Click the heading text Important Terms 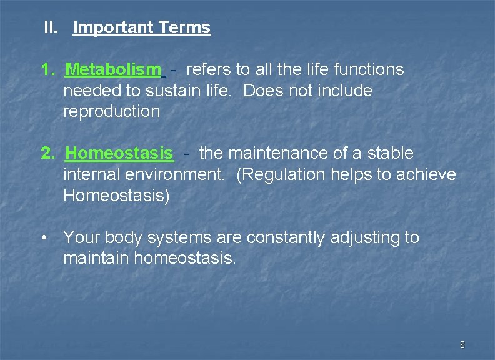pyautogui.click(x=142, y=27)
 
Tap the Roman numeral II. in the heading pyautogui.click(x=51, y=27)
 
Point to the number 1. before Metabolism pyautogui.click(x=48, y=69)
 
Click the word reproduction pyautogui.click(x=111, y=112)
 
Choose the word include pyautogui.click(x=346, y=91)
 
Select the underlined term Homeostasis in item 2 pyautogui.click(x=119, y=153)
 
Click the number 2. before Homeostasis pyautogui.click(x=48, y=153)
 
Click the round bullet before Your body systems pyautogui.click(x=45, y=238)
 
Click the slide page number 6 pyautogui.click(x=462, y=345)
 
